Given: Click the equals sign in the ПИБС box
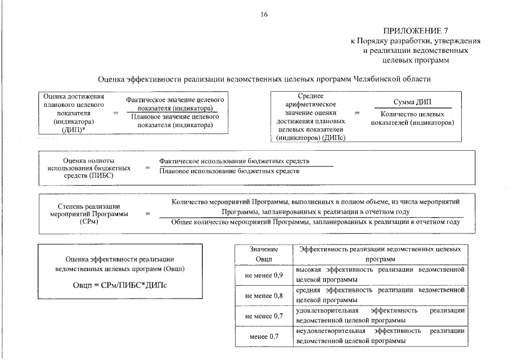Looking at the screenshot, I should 147,168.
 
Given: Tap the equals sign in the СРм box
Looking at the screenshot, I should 148,214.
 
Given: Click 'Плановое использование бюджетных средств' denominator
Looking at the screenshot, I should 229,171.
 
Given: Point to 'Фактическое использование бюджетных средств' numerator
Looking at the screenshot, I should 235,161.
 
